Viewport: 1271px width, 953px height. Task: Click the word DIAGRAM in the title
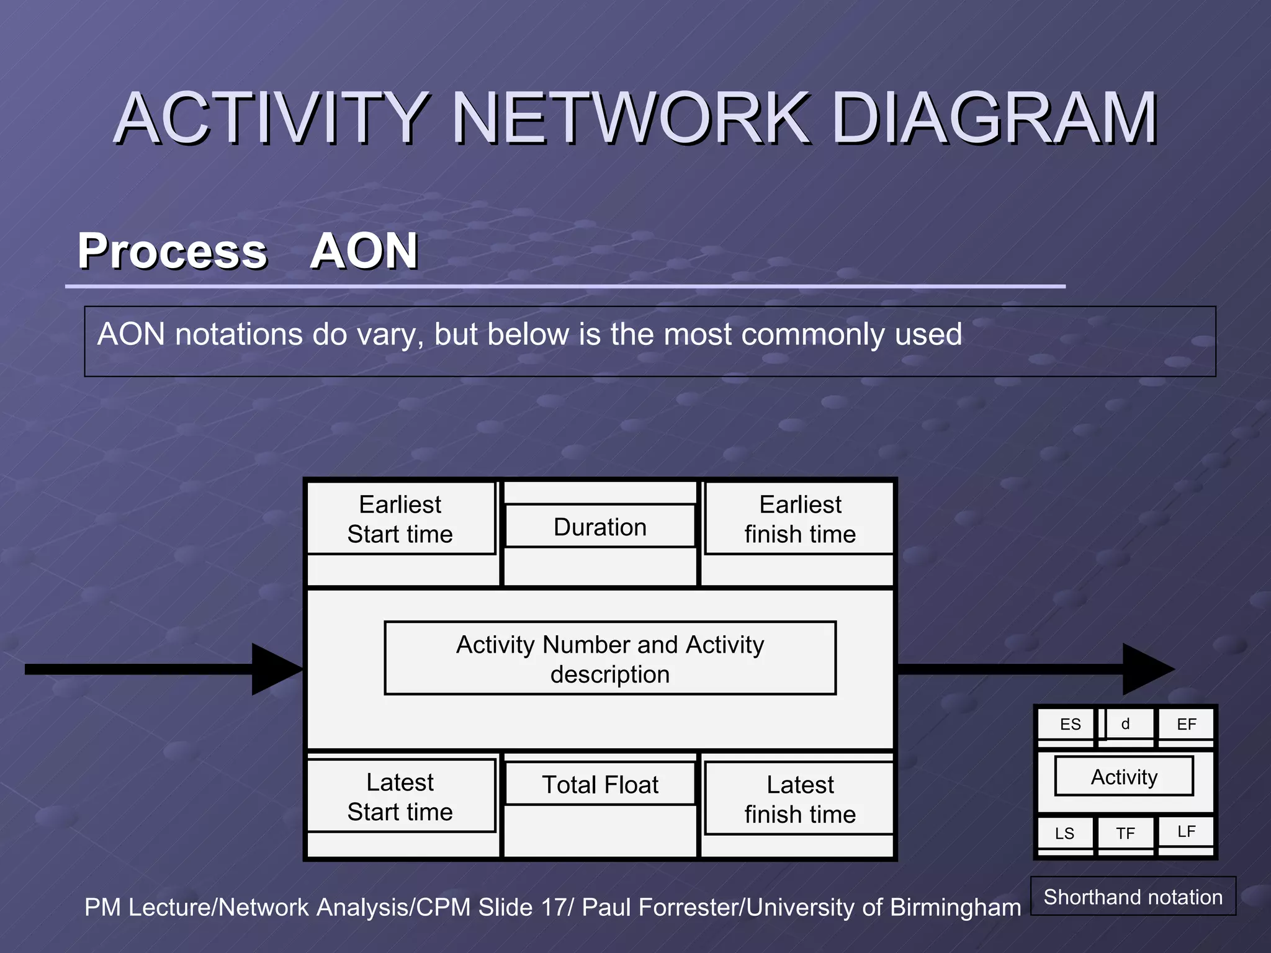[994, 118]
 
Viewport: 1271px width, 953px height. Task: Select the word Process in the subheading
[172, 251]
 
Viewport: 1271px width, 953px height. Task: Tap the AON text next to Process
[364, 251]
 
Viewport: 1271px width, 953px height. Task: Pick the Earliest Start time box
[401, 519]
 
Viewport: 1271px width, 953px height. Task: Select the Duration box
[600, 527]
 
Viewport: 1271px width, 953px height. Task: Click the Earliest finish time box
[800, 519]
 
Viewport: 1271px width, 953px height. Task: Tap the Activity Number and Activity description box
[610, 659]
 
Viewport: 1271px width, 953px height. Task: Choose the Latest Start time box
[401, 797]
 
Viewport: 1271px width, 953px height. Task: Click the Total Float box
[600, 785]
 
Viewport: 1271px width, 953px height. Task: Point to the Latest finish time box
[800, 799]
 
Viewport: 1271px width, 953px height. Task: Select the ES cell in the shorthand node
[1069, 724]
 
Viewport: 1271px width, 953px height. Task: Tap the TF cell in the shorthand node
[1125, 833]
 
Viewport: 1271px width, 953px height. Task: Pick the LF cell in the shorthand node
[1186, 831]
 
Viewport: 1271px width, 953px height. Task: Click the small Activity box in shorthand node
[1124, 777]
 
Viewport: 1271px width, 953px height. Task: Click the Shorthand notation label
[1133, 897]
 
